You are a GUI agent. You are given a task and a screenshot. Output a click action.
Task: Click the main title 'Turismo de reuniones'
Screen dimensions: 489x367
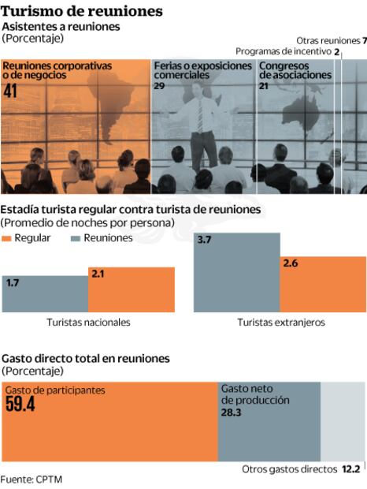(x=82, y=10)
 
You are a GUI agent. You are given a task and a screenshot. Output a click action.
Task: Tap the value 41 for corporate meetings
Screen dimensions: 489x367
(x=11, y=91)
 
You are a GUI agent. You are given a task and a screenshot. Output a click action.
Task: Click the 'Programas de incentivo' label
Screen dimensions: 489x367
(x=287, y=50)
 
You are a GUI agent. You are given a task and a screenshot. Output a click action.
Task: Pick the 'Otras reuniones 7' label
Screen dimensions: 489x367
(x=332, y=39)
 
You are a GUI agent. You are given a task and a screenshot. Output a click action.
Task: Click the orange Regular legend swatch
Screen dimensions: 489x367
(x=8, y=238)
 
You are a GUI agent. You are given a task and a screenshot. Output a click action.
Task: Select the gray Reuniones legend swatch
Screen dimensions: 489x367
(x=76, y=238)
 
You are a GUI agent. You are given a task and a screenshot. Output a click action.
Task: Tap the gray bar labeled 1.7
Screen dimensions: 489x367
(x=45, y=293)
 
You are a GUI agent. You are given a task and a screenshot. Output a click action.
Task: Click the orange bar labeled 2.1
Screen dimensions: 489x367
(x=131, y=289)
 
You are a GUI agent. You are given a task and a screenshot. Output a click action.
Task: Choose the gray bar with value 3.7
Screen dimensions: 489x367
(x=237, y=271)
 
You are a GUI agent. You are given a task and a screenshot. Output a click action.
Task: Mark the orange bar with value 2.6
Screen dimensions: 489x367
(x=323, y=283)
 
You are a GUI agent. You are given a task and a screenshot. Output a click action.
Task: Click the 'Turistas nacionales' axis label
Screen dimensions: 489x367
(x=88, y=323)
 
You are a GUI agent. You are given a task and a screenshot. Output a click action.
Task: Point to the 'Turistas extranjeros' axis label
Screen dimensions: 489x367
(x=280, y=323)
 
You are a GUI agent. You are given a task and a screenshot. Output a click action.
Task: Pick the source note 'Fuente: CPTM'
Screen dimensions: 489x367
(x=32, y=479)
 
